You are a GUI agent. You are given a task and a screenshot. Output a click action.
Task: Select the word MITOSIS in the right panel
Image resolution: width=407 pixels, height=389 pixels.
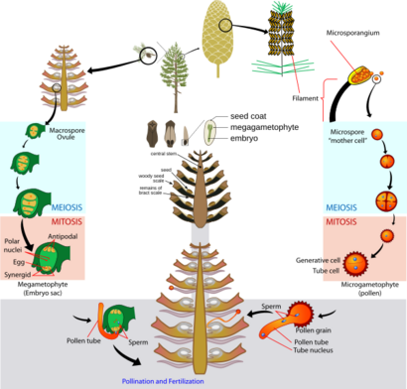point(344,222)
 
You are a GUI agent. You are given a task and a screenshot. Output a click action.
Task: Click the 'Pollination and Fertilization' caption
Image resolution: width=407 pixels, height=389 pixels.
point(176,380)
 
